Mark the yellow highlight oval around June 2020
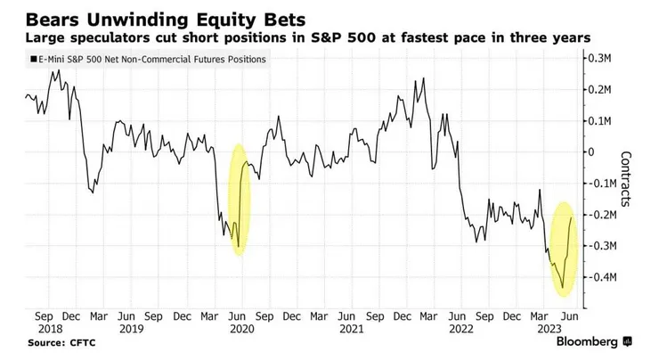click(x=240, y=200)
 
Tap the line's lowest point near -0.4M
click(x=563, y=289)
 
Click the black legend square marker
click(x=32, y=59)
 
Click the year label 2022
click(x=458, y=329)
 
